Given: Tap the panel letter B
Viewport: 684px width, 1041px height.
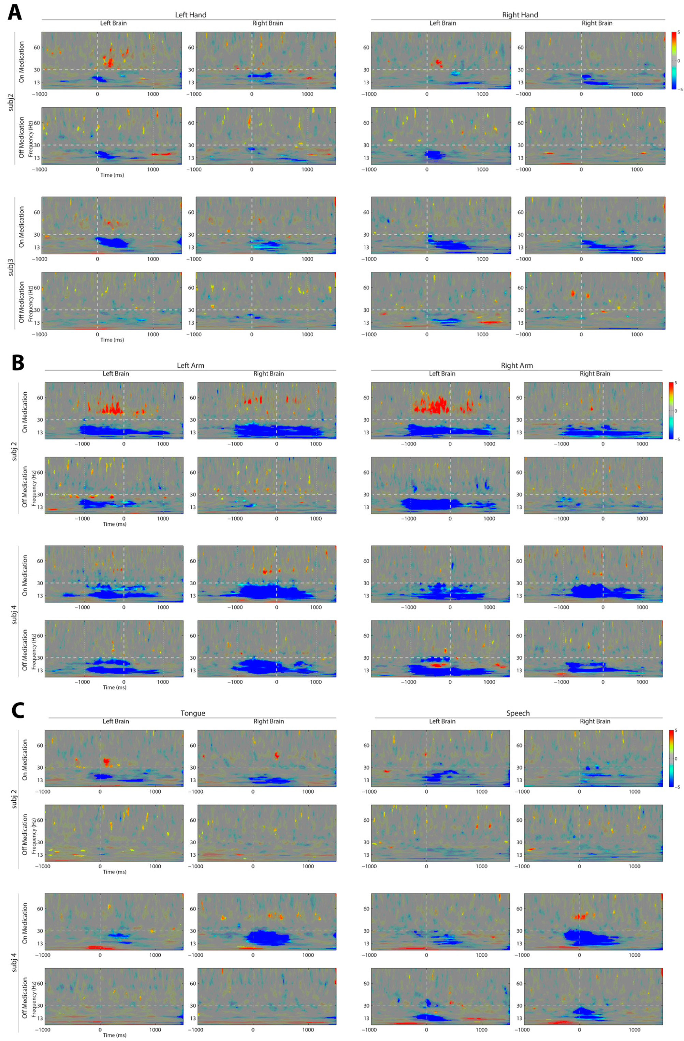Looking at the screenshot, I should click(17, 363).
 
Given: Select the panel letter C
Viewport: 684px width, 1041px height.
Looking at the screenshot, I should click(17, 710).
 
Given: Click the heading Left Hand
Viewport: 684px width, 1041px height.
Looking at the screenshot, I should click(191, 15).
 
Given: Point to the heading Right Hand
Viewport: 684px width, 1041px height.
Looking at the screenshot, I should click(520, 15).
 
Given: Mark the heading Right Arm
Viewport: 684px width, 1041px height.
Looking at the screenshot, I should click(516, 365).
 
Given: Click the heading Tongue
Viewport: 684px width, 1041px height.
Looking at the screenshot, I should click(193, 713).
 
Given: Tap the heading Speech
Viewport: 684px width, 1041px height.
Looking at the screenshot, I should click(518, 713).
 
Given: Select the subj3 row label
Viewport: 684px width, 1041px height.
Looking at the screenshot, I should click(11, 267).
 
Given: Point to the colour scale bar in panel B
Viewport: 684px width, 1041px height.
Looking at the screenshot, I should click(671, 410).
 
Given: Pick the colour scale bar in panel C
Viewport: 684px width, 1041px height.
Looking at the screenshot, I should click(671, 758).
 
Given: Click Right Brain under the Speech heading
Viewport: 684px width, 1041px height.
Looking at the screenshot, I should click(595, 721).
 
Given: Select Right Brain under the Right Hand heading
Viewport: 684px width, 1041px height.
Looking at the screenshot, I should click(597, 23).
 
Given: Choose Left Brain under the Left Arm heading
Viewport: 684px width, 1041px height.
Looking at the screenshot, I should click(116, 374).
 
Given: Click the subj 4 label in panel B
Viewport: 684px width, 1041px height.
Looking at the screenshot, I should click(14, 611).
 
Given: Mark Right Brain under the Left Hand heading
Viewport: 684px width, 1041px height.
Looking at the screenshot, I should click(267, 23).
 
